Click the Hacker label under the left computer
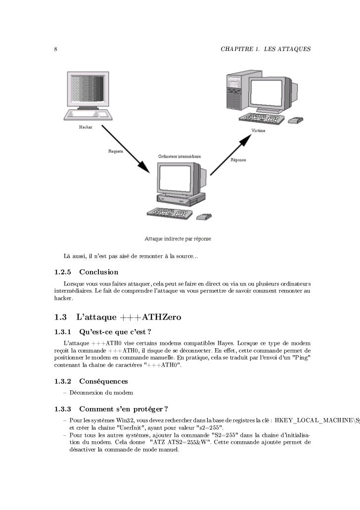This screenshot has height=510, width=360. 85,128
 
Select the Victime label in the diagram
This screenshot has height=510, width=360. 258,131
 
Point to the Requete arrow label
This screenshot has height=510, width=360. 117,151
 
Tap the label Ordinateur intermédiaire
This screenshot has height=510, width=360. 180,156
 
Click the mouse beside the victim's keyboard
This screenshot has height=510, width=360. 296,120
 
